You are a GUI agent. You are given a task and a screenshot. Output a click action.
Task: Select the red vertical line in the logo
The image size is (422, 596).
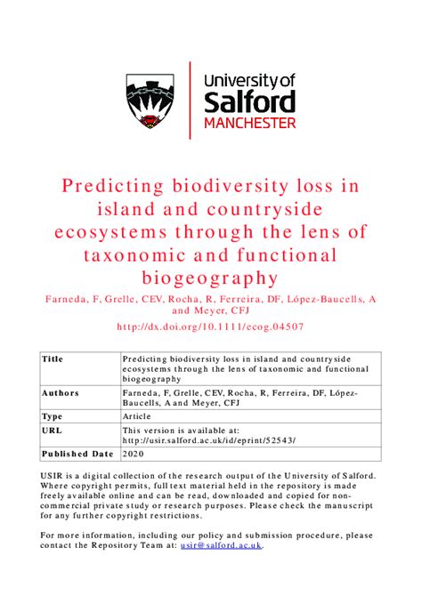point(191,100)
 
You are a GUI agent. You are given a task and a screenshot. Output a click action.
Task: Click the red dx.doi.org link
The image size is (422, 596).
point(211,326)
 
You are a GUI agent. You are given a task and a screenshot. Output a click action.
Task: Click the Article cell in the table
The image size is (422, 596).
point(137,416)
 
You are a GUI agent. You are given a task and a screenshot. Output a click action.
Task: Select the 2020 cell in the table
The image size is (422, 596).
point(132,454)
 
